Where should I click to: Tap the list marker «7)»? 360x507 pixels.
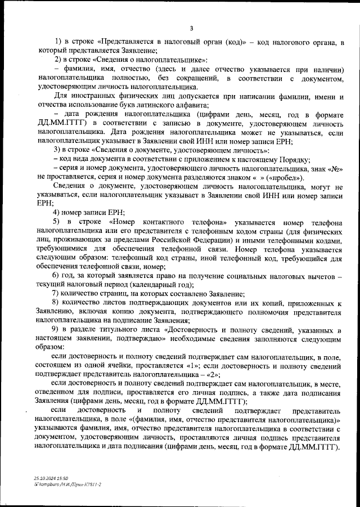point(56,294)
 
